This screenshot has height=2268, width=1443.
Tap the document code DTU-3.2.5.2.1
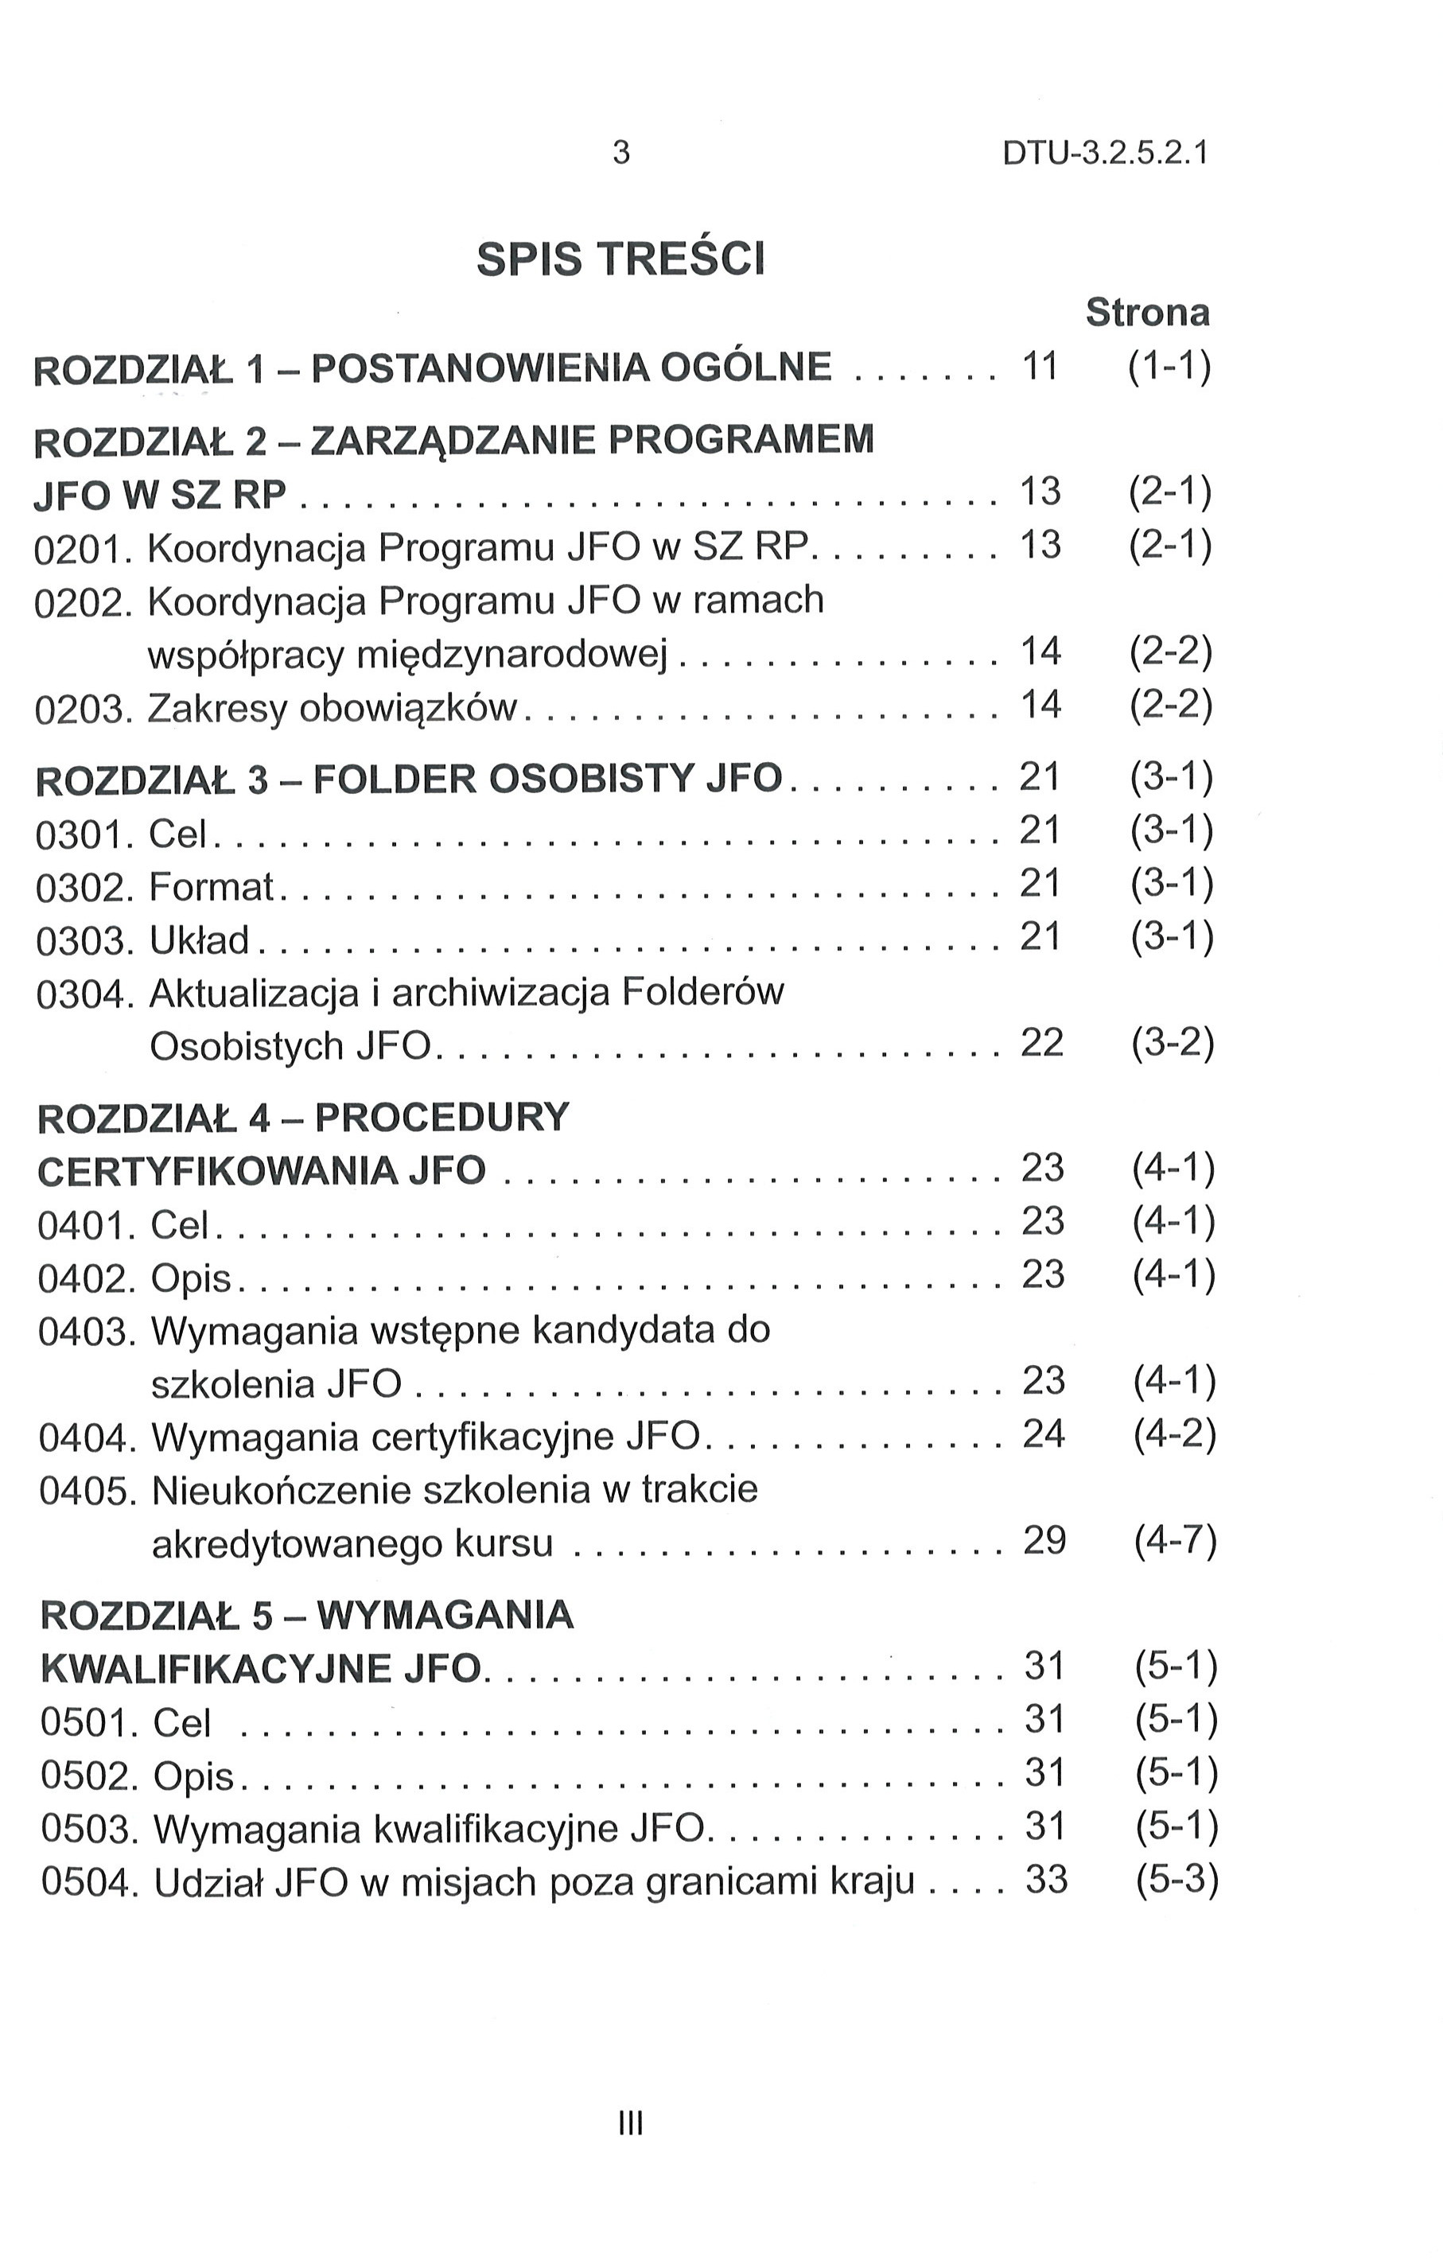pyautogui.click(x=1105, y=152)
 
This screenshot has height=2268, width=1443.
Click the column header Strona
pyautogui.click(x=1146, y=312)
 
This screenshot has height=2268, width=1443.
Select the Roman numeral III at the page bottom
pyautogui.click(x=629, y=2123)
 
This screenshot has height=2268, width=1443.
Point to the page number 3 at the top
pyautogui.click(x=620, y=152)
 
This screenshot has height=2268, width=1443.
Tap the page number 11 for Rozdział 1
pyautogui.click(x=1040, y=365)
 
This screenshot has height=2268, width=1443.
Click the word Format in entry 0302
pyautogui.click(x=211, y=887)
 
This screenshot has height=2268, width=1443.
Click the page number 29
pyautogui.click(x=1044, y=1540)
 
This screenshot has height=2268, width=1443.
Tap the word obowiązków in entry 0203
pyautogui.click(x=407, y=708)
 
